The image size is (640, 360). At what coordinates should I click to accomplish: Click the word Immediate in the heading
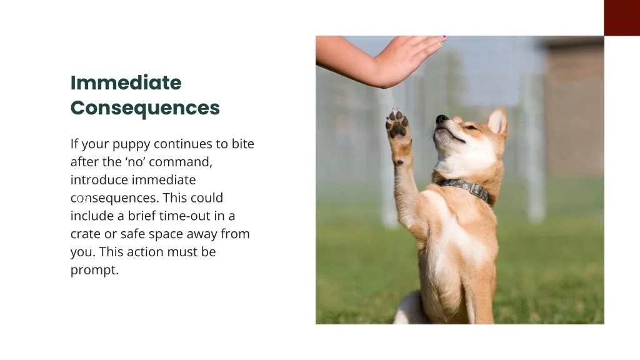coord(126,82)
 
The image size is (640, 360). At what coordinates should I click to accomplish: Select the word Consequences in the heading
coord(145,107)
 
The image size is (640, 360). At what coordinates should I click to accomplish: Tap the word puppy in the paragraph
coord(130,144)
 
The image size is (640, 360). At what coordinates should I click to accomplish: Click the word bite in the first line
coord(242,144)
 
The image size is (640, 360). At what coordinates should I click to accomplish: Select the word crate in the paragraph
coord(85,234)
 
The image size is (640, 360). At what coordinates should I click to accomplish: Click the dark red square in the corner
coord(621,17)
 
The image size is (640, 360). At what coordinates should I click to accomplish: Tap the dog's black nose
coord(442,119)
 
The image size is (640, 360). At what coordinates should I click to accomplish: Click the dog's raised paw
coord(397,123)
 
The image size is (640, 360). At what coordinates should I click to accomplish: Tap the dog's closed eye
coord(469,127)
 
